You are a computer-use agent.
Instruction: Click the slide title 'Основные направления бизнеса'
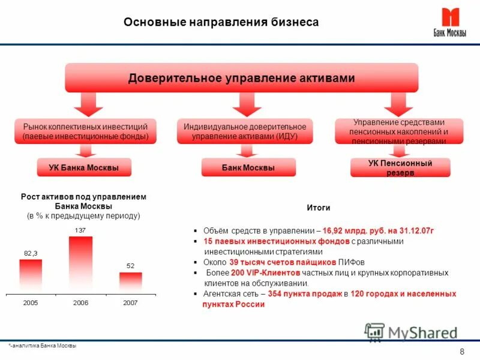coord(221,22)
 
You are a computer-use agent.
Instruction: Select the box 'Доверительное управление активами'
coord(241,78)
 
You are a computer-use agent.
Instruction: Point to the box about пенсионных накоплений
coord(399,131)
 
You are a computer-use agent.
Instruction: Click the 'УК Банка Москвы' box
coord(83,167)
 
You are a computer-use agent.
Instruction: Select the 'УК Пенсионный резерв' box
coord(400,167)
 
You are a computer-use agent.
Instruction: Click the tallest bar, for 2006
coord(81,264)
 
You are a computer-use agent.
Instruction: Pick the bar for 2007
coord(130,281)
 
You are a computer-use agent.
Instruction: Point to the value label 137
coord(79,230)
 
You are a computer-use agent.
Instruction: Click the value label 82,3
coord(31,253)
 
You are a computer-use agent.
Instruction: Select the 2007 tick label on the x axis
coord(130,303)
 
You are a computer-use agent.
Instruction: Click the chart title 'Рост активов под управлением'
coord(83,197)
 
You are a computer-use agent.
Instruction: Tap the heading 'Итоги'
coord(319,208)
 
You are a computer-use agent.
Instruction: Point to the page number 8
coord(461,352)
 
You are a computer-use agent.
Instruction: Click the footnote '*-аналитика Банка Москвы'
coord(43,347)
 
